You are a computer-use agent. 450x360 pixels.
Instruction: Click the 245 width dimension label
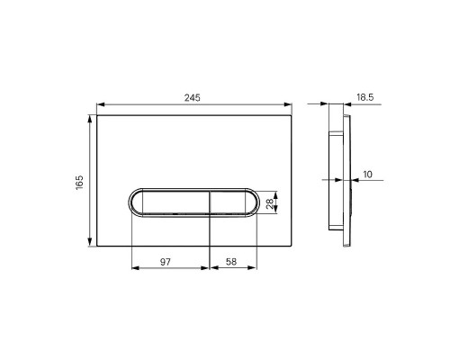192,98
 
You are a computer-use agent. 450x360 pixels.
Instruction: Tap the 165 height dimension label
79,182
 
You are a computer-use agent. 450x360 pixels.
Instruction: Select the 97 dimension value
166,262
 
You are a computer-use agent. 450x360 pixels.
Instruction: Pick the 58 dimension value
231,262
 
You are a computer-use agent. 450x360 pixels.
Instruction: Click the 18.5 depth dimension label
365,97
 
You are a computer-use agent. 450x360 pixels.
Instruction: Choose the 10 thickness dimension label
367,175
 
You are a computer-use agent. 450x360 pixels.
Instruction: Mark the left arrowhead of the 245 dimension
101,104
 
